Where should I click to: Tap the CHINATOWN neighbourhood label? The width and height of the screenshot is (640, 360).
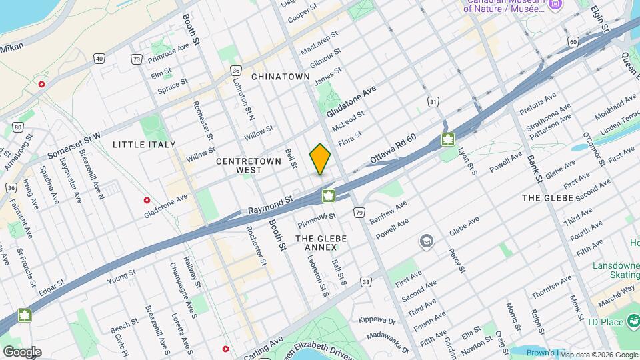click(281, 77)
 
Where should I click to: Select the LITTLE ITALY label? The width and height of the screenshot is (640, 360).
click(144, 145)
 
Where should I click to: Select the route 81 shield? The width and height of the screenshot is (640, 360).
click(433, 102)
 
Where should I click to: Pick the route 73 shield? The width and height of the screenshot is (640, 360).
click(137, 59)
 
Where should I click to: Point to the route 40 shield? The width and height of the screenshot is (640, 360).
click(99, 59)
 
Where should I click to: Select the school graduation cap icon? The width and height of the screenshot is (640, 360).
click(427, 241)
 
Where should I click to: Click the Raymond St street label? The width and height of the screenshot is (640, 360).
click(271, 205)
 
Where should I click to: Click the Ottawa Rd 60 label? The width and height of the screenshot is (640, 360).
click(393, 149)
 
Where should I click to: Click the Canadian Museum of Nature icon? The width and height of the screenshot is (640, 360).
click(555, 5)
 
